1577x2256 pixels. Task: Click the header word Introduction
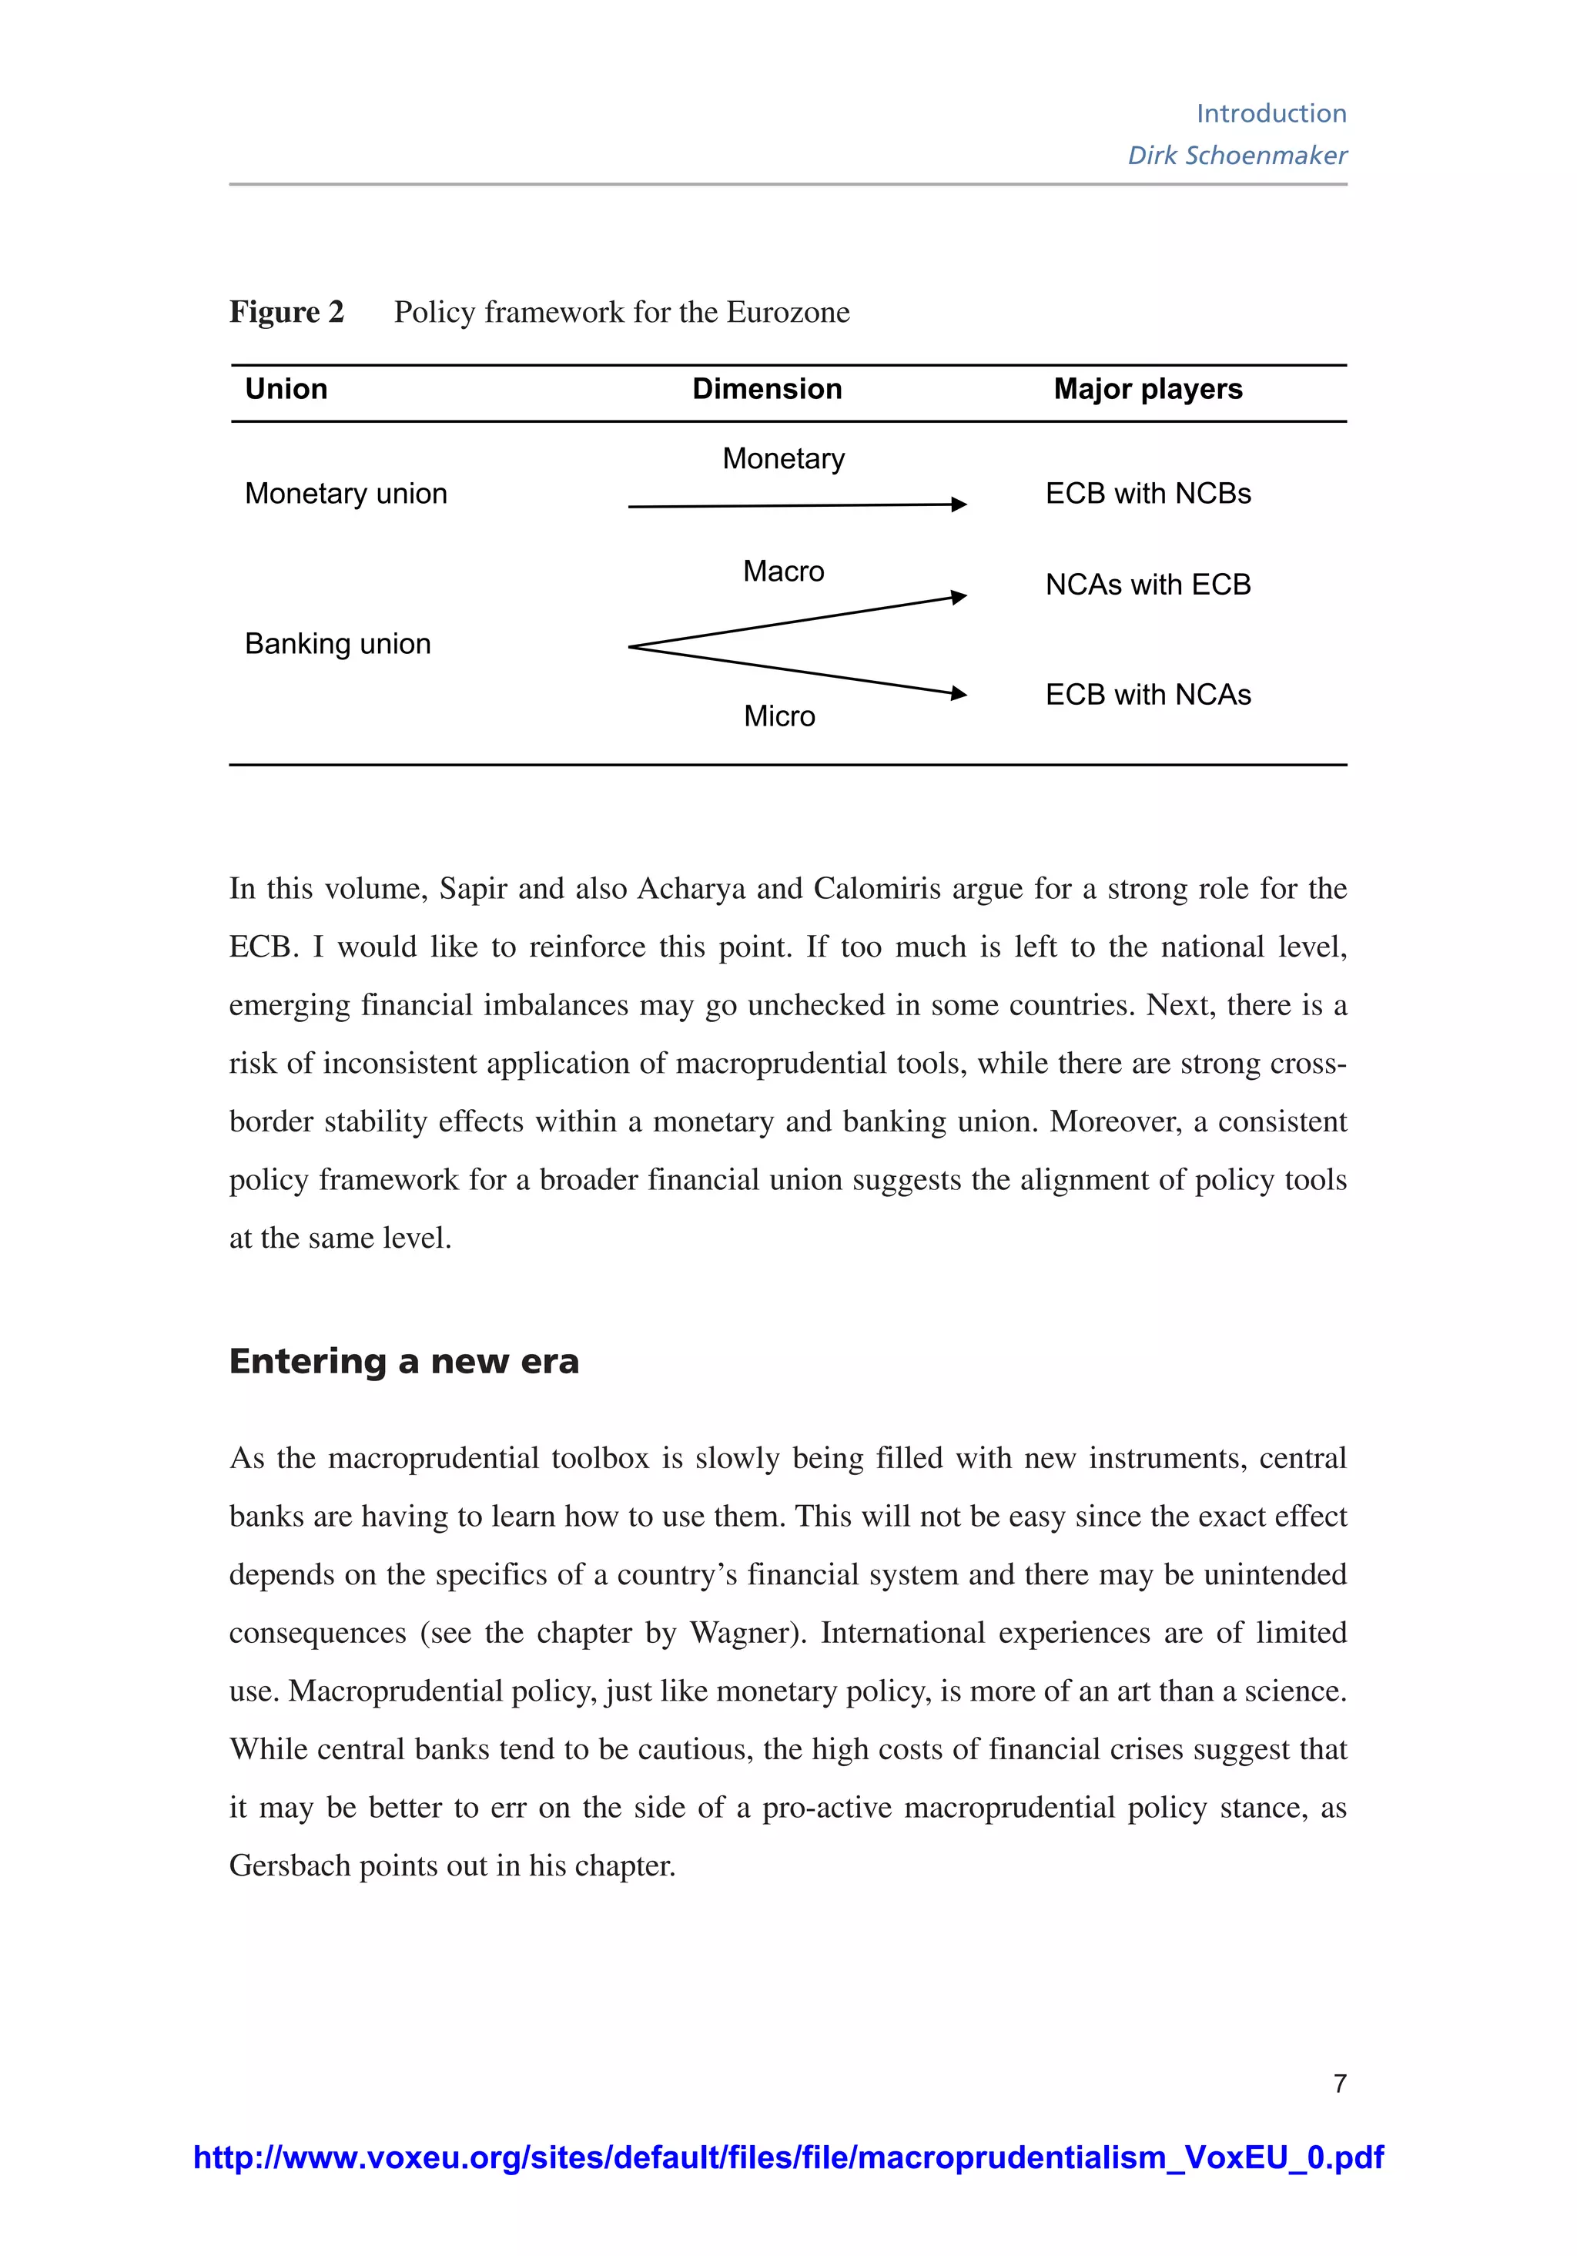click(x=1271, y=113)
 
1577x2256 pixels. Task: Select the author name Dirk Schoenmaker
click(x=1237, y=156)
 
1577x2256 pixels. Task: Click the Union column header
click(x=286, y=388)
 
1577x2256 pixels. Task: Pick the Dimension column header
click(x=766, y=388)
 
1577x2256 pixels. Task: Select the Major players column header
click(x=1147, y=388)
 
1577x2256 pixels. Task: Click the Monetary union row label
click(x=346, y=493)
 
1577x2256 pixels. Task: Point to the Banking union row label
click(x=337, y=644)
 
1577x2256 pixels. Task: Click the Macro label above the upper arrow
click(x=783, y=571)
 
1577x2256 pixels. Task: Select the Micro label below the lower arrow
click(x=779, y=716)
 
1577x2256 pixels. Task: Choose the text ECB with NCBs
click(x=1147, y=493)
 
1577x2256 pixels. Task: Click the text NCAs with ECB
click(x=1147, y=585)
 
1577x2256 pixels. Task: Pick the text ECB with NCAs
click(x=1147, y=695)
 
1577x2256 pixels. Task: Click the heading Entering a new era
click(x=403, y=1361)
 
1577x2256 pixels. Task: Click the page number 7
click(x=1339, y=2083)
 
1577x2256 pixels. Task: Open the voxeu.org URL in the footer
click(x=788, y=2157)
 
